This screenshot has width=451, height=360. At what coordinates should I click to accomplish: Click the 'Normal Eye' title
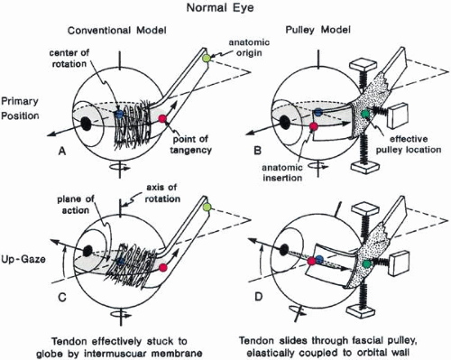(x=220, y=7)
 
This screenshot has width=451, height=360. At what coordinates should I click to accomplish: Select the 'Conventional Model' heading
(x=117, y=31)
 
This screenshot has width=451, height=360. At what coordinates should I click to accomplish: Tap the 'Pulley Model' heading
(x=318, y=30)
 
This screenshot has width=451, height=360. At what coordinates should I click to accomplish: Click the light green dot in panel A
(x=207, y=58)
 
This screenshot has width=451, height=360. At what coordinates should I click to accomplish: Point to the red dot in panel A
(x=162, y=119)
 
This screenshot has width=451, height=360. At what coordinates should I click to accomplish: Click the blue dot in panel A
(x=119, y=114)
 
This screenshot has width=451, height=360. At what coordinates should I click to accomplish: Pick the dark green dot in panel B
(x=365, y=114)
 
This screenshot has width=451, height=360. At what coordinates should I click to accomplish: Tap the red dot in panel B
(x=314, y=126)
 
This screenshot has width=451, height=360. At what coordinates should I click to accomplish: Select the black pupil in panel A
(x=87, y=124)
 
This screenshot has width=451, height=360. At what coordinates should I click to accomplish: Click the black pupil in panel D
(x=284, y=249)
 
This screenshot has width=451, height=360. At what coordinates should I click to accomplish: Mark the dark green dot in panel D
(x=366, y=264)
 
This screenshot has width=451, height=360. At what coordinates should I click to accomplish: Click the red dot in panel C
(x=163, y=267)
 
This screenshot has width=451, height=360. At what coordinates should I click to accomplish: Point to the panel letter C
(x=62, y=298)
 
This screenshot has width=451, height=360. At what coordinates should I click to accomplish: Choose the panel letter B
(x=257, y=150)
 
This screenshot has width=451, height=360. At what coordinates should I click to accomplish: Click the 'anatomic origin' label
(x=249, y=47)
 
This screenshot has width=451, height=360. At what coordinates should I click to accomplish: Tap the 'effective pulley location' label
(x=409, y=144)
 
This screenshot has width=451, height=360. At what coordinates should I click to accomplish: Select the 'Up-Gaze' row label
(x=23, y=259)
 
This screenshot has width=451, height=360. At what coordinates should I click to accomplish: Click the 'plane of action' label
(x=76, y=205)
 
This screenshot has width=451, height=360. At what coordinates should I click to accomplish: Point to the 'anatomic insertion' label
(x=282, y=172)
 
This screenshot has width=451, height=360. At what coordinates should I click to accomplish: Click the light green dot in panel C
(x=207, y=207)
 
